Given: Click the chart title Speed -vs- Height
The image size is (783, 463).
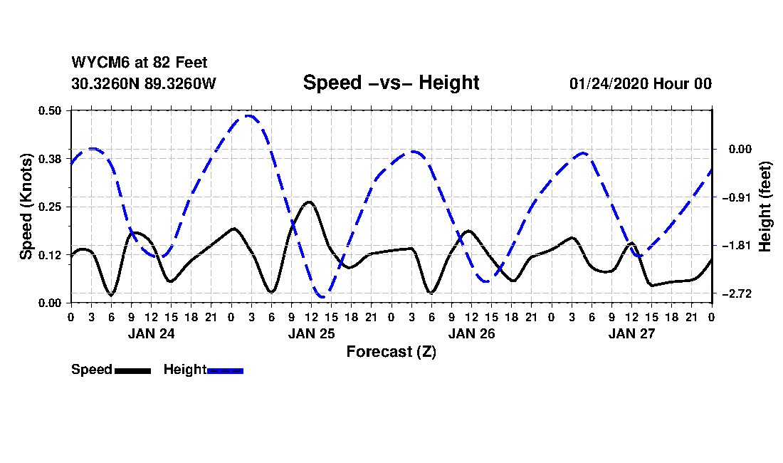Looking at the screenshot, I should [391, 83].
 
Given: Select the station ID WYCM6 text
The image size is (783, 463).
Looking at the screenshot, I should [97, 63].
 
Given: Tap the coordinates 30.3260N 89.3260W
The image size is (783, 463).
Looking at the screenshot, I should [143, 83].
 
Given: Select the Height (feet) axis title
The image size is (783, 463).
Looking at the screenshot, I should [766, 207].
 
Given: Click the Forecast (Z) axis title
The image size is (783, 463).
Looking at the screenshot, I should [391, 352].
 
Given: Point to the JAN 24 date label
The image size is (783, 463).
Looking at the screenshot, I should [151, 333].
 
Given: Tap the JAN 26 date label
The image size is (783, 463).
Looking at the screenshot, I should [471, 333].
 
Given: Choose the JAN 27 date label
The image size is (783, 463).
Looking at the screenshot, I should [632, 333].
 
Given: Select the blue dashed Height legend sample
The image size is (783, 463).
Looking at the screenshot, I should [225, 370].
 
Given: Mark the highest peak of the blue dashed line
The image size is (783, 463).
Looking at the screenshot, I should [248, 115].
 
